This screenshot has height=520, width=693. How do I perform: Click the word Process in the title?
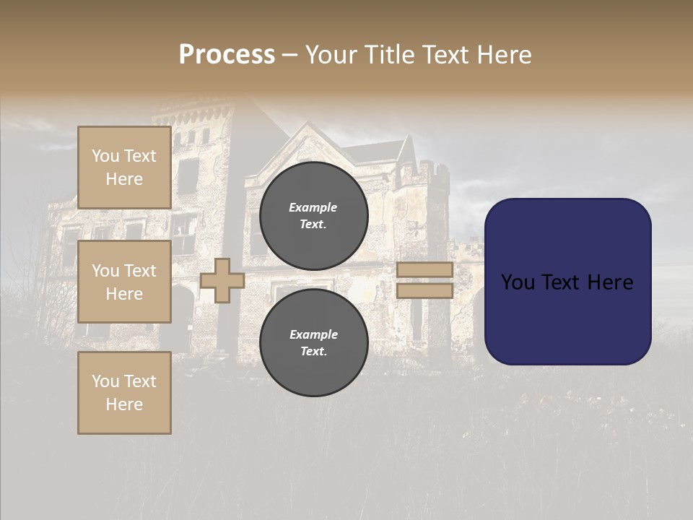point(227,55)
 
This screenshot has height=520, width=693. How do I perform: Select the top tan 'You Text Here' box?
point(124,168)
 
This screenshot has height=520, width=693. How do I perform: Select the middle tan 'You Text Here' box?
point(124,282)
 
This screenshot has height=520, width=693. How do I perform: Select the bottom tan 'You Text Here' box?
point(124,393)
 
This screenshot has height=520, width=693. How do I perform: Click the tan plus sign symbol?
point(222,280)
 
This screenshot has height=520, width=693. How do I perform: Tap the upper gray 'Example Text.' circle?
point(314,215)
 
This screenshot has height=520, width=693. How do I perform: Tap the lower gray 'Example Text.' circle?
point(314,343)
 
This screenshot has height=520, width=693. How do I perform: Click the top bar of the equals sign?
point(424,269)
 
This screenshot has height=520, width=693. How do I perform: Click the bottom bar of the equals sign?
point(424,290)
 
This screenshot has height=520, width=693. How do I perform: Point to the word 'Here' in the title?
point(505,55)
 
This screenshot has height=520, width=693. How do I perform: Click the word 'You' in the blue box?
point(517,282)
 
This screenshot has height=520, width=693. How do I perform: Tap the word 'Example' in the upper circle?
point(313,207)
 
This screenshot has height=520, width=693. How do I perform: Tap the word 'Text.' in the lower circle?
point(313,352)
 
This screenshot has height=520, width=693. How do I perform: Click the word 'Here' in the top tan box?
point(124,179)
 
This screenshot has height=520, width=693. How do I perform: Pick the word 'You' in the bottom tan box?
point(105,381)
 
